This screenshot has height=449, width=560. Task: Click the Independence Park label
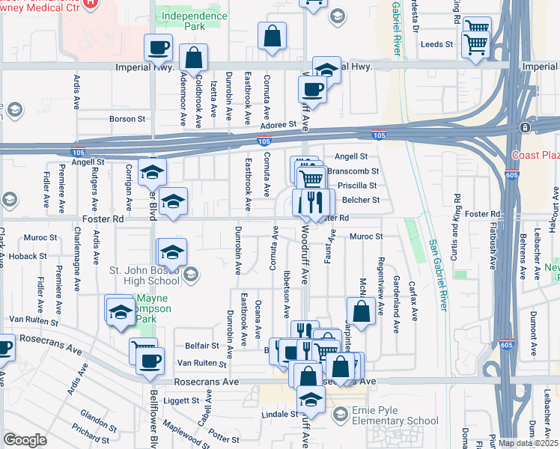tap(190, 21)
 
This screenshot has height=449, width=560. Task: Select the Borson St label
tap(127, 119)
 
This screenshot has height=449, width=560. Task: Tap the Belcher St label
tap(361, 201)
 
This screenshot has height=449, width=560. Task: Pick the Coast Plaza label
tap(535, 155)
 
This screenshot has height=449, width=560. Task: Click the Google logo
tap(25, 440)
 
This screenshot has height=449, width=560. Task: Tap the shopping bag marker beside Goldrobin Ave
tap(193, 58)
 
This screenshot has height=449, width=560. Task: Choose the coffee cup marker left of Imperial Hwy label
tap(158, 47)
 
